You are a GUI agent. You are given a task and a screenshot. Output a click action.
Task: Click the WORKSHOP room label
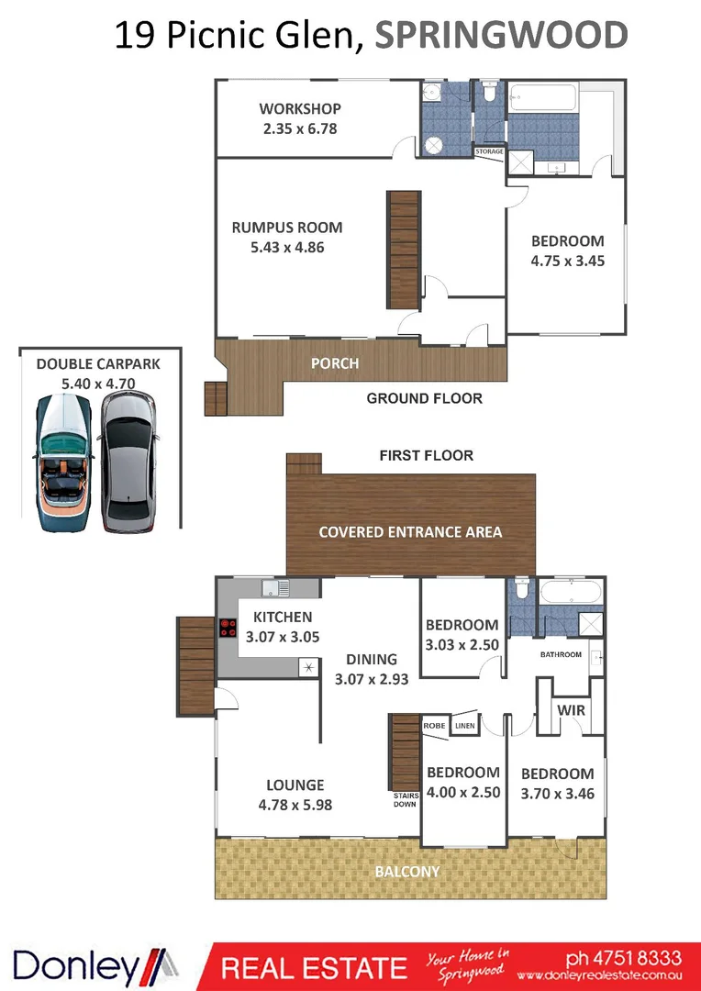[299, 109]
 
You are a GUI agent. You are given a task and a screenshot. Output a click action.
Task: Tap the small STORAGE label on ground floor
[489, 151]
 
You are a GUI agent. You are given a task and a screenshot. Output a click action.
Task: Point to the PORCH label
[335, 363]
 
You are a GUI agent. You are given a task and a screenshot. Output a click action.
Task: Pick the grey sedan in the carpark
[127, 463]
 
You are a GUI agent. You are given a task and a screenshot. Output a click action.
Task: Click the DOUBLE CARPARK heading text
[98, 363]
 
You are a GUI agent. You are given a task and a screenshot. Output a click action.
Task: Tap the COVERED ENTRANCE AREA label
[410, 532]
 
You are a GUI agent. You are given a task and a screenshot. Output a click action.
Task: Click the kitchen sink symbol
[275, 588]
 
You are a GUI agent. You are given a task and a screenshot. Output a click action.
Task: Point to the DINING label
[372, 659]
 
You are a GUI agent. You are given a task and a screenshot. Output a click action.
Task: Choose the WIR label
[572, 710]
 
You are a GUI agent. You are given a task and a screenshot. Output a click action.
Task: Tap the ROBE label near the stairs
[434, 725]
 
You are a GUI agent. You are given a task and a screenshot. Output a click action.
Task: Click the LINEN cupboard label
[464, 725]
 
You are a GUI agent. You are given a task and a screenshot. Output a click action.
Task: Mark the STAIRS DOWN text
[404, 799]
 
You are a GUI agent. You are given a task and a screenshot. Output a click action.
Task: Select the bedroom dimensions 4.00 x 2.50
[463, 792]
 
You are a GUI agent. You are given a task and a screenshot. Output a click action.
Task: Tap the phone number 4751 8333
[617, 957]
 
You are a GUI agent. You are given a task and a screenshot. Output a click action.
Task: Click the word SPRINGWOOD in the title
[502, 35]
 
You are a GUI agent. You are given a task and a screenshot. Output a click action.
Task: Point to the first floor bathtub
[571, 591]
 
